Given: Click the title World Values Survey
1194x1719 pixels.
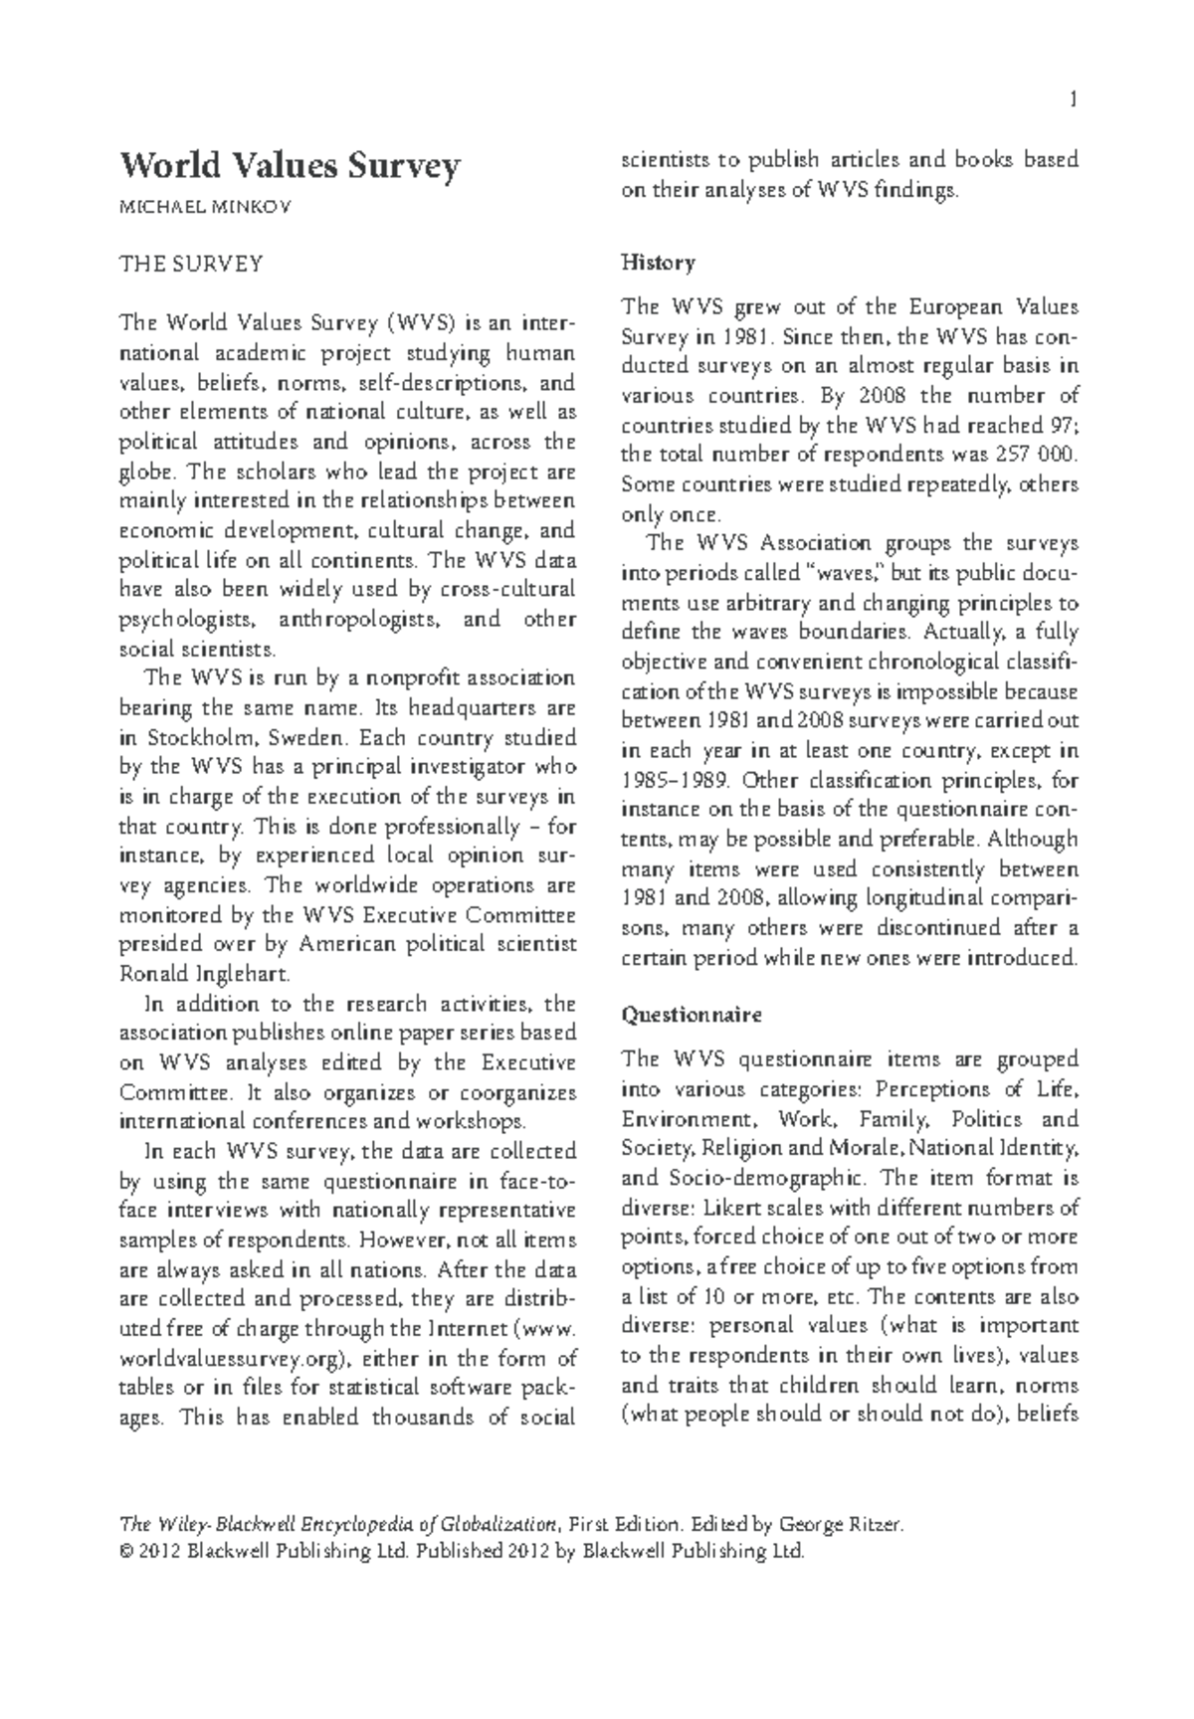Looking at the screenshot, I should (290, 166).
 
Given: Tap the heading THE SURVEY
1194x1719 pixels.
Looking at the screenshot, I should (191, 264).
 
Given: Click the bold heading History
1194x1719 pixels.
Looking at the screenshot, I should (658, 263).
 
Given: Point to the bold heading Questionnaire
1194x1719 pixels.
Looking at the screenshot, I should (692, 1015).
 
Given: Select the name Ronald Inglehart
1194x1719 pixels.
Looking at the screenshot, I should (204, 973).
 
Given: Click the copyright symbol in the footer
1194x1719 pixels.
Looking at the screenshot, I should (125, 1551).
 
